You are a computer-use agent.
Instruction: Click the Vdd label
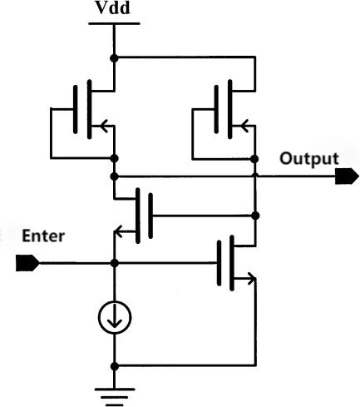pos(113,7)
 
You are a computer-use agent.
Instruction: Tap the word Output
pos(309,159)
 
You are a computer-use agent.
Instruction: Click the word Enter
pos(43,236)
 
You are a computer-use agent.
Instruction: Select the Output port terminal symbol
pos(347,176)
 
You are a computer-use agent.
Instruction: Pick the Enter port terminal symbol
pos(27,263)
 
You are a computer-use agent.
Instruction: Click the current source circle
pos(115,317)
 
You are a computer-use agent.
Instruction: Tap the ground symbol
pos(115,397)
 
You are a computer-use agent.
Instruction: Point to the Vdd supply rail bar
pos(114,24)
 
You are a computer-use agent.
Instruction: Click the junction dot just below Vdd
pos(114,58)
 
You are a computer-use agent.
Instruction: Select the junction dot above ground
pos(115,366)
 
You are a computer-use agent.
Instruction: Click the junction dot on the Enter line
pos(115,263)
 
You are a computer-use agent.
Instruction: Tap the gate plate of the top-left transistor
pos(76,110)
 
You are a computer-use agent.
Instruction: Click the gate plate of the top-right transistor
pos(216,110)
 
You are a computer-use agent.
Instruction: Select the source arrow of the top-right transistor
pos(244,126)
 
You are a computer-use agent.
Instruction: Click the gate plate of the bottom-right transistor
pos(219,263)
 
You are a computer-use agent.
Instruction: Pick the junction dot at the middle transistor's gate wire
pos(256,216)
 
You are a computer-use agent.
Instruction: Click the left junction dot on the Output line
pos(114,176)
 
